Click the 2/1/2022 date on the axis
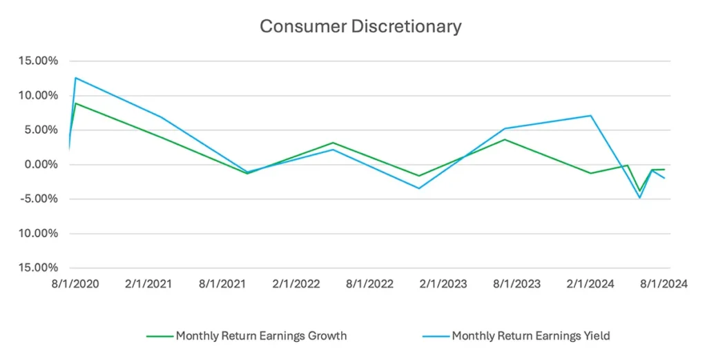click(x=296, y=283)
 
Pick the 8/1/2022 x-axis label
click(x=369, y=283)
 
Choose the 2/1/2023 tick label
click(x=443, y=283)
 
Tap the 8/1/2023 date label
click(x=517, y=283)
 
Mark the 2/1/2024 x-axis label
click(x=591, y=283)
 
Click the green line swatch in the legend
click(x=159, y=336)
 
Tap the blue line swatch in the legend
click(x=435, y=336)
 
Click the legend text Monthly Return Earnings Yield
click(x=531, y=336)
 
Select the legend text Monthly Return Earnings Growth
click(x=261, y=336)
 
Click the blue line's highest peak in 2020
click(x=75, y=78)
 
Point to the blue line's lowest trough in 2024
click(x=640, y=198)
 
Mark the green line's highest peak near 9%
click(x=75, y=103)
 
